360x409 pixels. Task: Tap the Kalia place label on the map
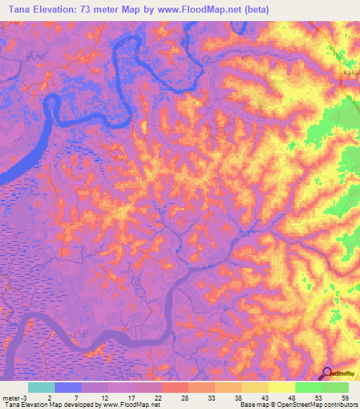[351, 73]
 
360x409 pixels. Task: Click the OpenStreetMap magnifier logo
[328, 374]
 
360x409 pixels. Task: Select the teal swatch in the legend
[41, 387]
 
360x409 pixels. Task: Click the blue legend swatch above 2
[68, 387]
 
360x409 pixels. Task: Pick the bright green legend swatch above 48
[309, 387]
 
